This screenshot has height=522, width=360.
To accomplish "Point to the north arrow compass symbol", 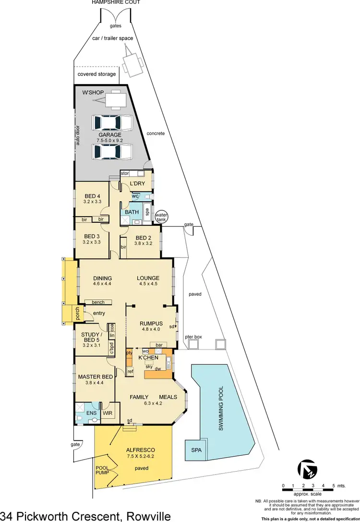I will (307, 469).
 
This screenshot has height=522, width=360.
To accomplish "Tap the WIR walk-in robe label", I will (108, 412).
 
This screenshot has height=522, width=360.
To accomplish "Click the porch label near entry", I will (77, 314).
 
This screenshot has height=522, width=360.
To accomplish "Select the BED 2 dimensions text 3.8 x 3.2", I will (143, 243).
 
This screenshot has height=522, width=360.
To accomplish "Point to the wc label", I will (135, 196).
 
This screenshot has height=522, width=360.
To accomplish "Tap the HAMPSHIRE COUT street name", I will (116, 2).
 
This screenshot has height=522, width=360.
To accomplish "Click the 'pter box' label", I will (193, 337).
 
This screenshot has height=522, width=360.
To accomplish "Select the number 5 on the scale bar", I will (334, 486).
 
